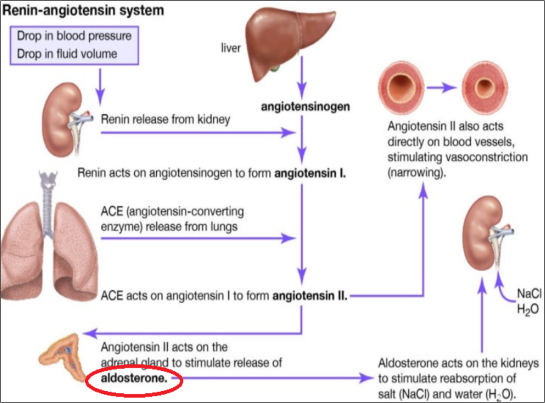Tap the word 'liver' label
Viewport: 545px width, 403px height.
(230, 48)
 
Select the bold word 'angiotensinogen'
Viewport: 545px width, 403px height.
(305, 107)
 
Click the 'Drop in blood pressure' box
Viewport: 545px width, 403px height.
(74, 45)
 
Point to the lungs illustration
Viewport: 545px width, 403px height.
(49, 243)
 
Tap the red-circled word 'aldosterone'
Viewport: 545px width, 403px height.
(134, 379)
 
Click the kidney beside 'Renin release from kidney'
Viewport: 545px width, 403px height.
(64, 119)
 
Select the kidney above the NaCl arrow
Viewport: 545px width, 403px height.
(486, 233)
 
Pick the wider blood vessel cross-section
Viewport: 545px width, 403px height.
(402, 87)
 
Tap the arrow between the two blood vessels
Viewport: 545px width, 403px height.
(441, 87)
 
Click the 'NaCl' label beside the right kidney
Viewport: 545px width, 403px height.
(529, 294)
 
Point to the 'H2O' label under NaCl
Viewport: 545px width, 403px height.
(528, 309)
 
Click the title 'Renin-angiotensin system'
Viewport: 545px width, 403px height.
(83, 10)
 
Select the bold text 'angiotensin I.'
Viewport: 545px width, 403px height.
(310, 173)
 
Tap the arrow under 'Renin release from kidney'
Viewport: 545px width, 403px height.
(198, 132)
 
